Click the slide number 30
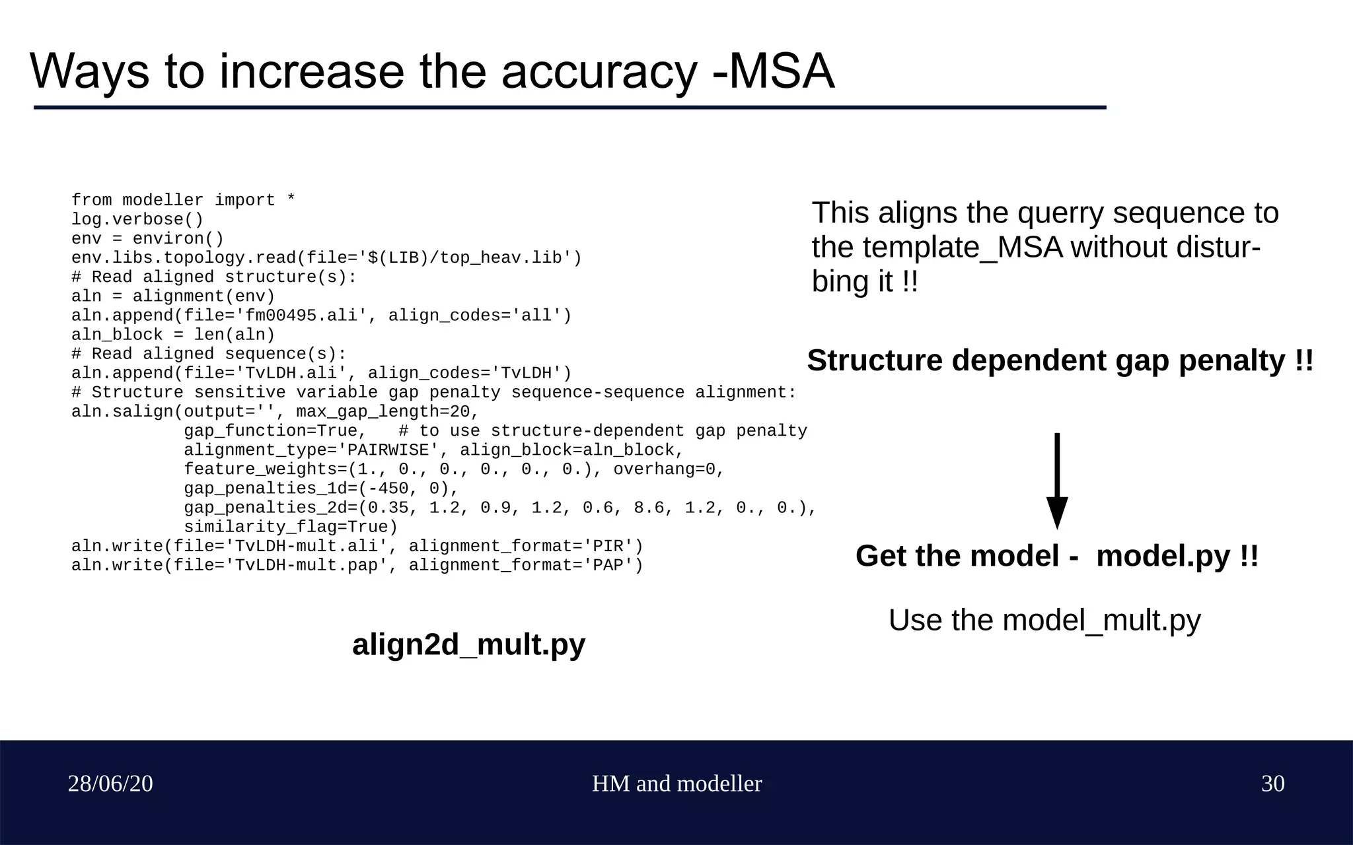click(x=1272, y=784)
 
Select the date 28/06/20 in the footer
click(x=110, y=784)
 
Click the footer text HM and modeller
click(x=676, y=784)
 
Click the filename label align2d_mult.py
click(x=468, y=644)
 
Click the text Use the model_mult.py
click(x=1044, y=621)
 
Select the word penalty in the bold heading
click(x=1231, y=360)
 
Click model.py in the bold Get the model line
click(x=1163, y=556)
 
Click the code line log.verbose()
click(x=137, y=219)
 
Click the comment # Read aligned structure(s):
click(x=213, y=277)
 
